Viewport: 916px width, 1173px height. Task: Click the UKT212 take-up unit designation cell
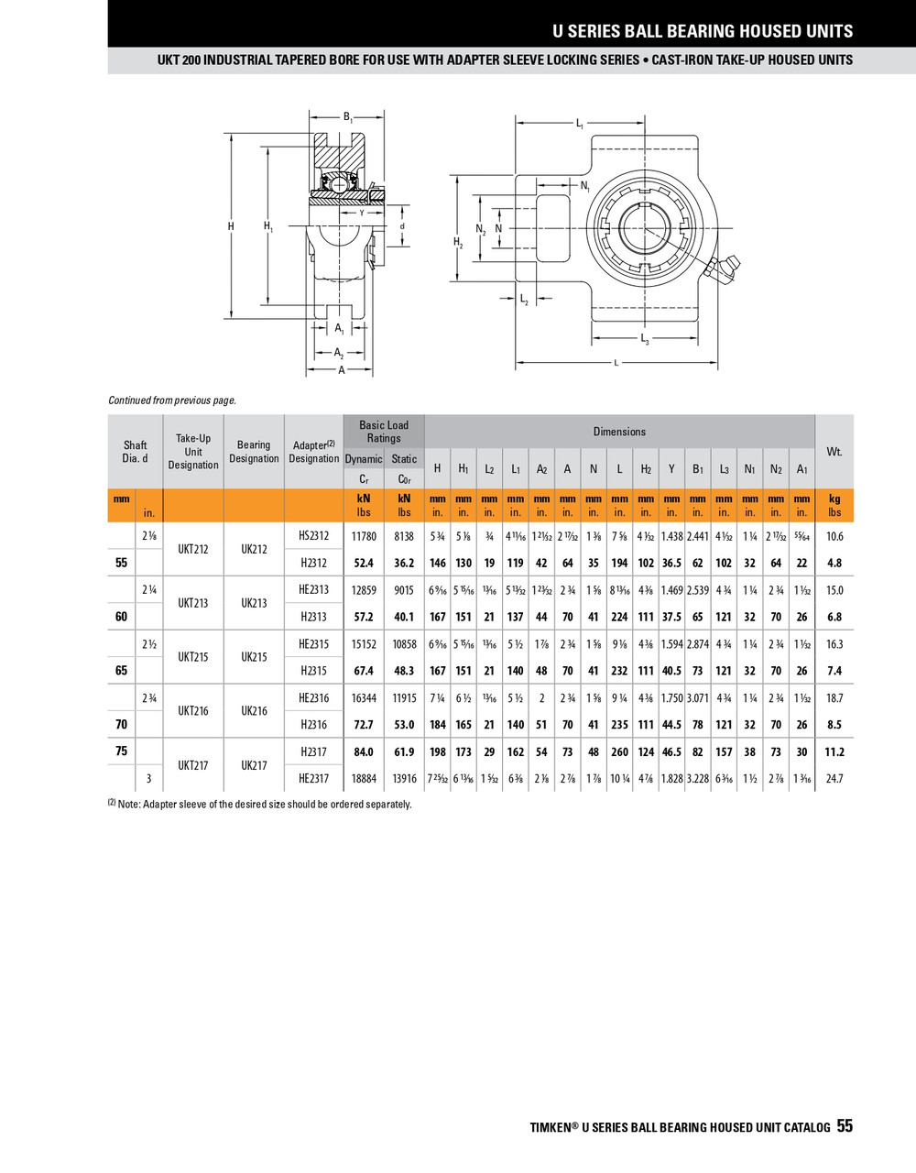(x=193, y=550)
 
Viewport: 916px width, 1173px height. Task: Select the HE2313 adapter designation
(x=313, y=590)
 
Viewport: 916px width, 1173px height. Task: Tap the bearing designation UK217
(x=254, y=765)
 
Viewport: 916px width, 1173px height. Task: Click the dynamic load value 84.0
(x=364, y=752)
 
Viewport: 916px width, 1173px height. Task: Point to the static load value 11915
(x=404, y=698)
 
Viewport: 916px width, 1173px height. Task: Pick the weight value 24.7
(x=834, y=779)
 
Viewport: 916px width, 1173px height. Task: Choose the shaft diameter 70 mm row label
(x=121, y=725)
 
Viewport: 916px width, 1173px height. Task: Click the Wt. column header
(x=834, y=452)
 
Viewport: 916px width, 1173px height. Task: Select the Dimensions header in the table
(x=619, y=432)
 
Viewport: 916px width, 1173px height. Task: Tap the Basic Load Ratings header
(x=384, y=432)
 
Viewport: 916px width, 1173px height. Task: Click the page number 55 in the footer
(x=844, y=1126)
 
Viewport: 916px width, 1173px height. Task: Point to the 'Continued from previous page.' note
(x=172, y=400)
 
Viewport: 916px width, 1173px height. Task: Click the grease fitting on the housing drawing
(x=722, y=270)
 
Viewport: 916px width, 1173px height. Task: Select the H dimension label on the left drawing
(x=231, y=226)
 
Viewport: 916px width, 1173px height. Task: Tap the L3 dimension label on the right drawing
(x=645, y=340)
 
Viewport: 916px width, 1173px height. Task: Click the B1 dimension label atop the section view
(x=347, y=117)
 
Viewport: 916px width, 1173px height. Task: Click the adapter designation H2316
(x=313, y=725)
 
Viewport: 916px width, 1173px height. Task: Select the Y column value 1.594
(x=671, y=644)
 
